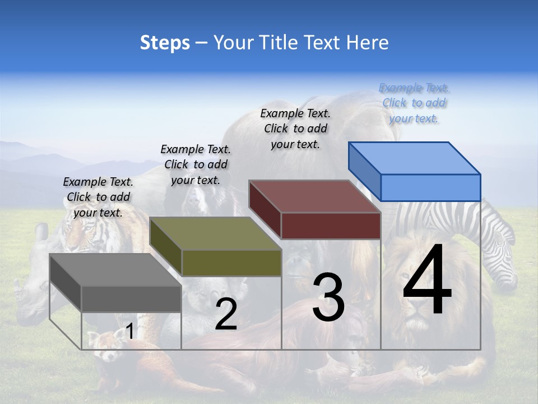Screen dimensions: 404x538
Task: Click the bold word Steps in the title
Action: click(x=165, y=43)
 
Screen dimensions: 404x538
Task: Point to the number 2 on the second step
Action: click(x=226, y=314)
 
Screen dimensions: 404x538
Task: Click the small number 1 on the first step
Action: click(x=129, y=332)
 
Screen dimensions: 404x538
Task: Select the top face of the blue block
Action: click(x=415, y=158)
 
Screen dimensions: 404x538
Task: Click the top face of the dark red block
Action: click(x=315, y=196)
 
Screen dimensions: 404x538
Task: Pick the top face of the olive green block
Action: click(x=216, y=233)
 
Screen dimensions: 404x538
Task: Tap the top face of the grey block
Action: click(x=115, y=270)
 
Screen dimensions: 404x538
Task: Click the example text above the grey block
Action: click(x=98, y=197)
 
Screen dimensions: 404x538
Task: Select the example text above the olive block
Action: click(x=196, y=164)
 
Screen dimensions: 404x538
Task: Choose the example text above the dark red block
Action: click(x=295, y=128)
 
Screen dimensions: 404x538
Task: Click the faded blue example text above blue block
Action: click(x=414, y=103)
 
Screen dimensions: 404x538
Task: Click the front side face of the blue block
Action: click(x=430, y=187)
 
